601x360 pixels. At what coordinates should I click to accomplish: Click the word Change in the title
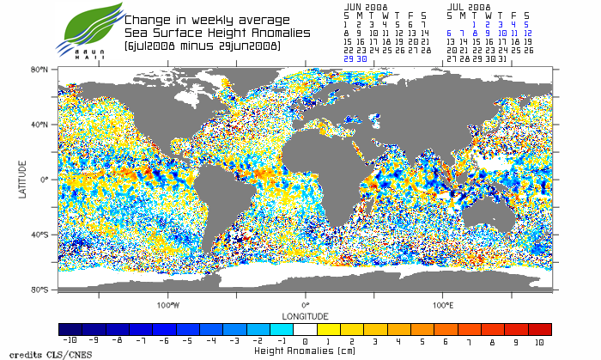point(147,20)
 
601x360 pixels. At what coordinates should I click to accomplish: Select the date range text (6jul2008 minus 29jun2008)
point(202,46)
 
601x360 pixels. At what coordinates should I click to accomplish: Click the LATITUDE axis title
point(24,180)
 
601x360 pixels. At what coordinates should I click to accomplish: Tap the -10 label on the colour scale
point(70,342)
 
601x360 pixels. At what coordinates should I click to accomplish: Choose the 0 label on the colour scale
point(306,342)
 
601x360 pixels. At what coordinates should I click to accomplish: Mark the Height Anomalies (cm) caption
point(305,351)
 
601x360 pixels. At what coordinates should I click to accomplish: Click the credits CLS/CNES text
point(37,352)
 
